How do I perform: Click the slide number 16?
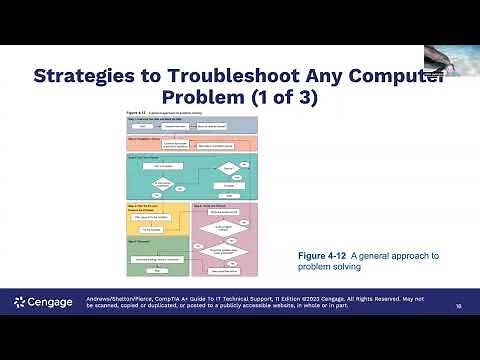click(x=458, y=306)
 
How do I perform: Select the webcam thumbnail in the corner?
click(x=451, y=59)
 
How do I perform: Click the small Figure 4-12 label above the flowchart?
click(x=133, y=113)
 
